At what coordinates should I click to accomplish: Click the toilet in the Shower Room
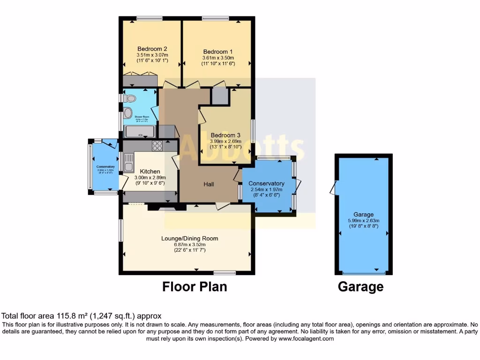click(x=129, y=98)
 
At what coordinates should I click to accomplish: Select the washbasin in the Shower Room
click(x=127, y=113)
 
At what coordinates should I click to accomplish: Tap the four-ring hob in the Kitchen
click(x=157, y=146)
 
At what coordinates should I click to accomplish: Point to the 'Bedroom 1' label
click(x=217, y=52)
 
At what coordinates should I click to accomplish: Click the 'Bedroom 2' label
click(x=152, y=49)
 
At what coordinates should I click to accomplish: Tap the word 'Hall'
click(x=209, y=184)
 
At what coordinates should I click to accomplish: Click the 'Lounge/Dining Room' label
click(x=190, y=239)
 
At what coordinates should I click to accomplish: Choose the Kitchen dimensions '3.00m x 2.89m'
click(x=150, y=178)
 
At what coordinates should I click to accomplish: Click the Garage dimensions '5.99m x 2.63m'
click(x=363, y=221)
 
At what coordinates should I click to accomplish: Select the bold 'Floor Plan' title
click(x=195, y=286)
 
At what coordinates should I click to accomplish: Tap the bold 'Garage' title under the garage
click(x=360, y=286)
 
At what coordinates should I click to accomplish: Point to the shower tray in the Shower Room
click(x=140, y=131)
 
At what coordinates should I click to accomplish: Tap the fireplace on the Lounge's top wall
click(x=162, y=206)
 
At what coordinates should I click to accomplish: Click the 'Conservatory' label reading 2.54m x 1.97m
click(x=266, y=183)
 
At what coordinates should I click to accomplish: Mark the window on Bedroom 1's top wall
click(x=216, y=18)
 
